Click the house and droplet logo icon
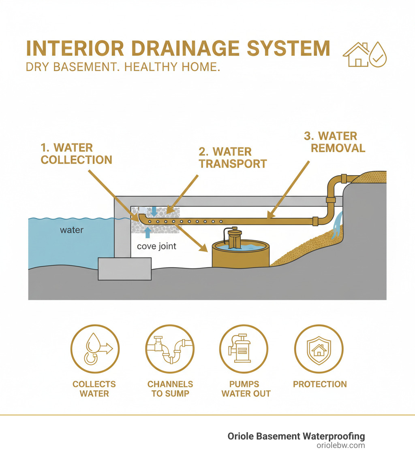click(x=365, y=54)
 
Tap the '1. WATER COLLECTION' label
click(x=76, y=153)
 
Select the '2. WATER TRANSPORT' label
click(x=232, y=158)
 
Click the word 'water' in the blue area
click(x=72, y=230)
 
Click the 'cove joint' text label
click(x=156, y=246)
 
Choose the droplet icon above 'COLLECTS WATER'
click(x=95, y=348)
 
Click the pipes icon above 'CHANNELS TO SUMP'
click(x=170, y=348)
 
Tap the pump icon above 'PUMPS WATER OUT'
click(x=244, y=348)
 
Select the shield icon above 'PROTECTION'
click(x=319, y=348)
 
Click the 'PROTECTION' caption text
click(x=320, y=384)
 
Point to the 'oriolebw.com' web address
click(x=340, y=446)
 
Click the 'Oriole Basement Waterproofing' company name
click(x=296, y=436)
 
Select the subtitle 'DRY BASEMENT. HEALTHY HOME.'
click(x=123, y=67)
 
